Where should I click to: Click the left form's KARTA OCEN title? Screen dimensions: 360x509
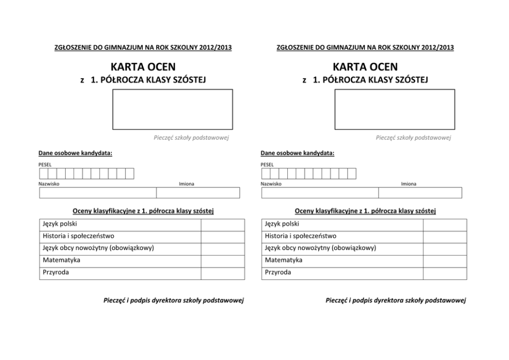click(143, 67)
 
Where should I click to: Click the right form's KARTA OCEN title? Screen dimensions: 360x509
click(365, 67)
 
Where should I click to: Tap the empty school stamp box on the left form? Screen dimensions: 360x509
click(172, 109)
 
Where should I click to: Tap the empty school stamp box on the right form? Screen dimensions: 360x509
click(395, 109)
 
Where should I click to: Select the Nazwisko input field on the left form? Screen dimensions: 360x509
click(98, 193)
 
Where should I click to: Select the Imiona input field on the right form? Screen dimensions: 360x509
click(420, 193)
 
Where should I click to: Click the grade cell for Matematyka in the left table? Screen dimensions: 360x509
click(222, 261)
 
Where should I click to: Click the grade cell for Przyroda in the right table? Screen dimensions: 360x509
click(444, 273)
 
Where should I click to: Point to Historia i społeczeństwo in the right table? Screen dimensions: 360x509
click(301, 236)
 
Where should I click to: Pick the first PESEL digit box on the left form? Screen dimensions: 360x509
click(43, 174)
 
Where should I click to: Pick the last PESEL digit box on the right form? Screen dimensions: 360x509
click(351, 174)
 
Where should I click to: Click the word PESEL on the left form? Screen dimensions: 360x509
click(45, 164)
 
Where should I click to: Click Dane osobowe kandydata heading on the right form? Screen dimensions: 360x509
click(297, 153)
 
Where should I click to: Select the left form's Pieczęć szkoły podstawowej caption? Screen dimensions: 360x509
click(191, 137)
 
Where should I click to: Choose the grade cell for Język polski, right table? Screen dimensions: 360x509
click(444, 224)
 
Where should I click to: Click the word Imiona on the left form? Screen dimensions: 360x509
click(186, 184)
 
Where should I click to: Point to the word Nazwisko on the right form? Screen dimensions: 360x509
click(270, 184)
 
